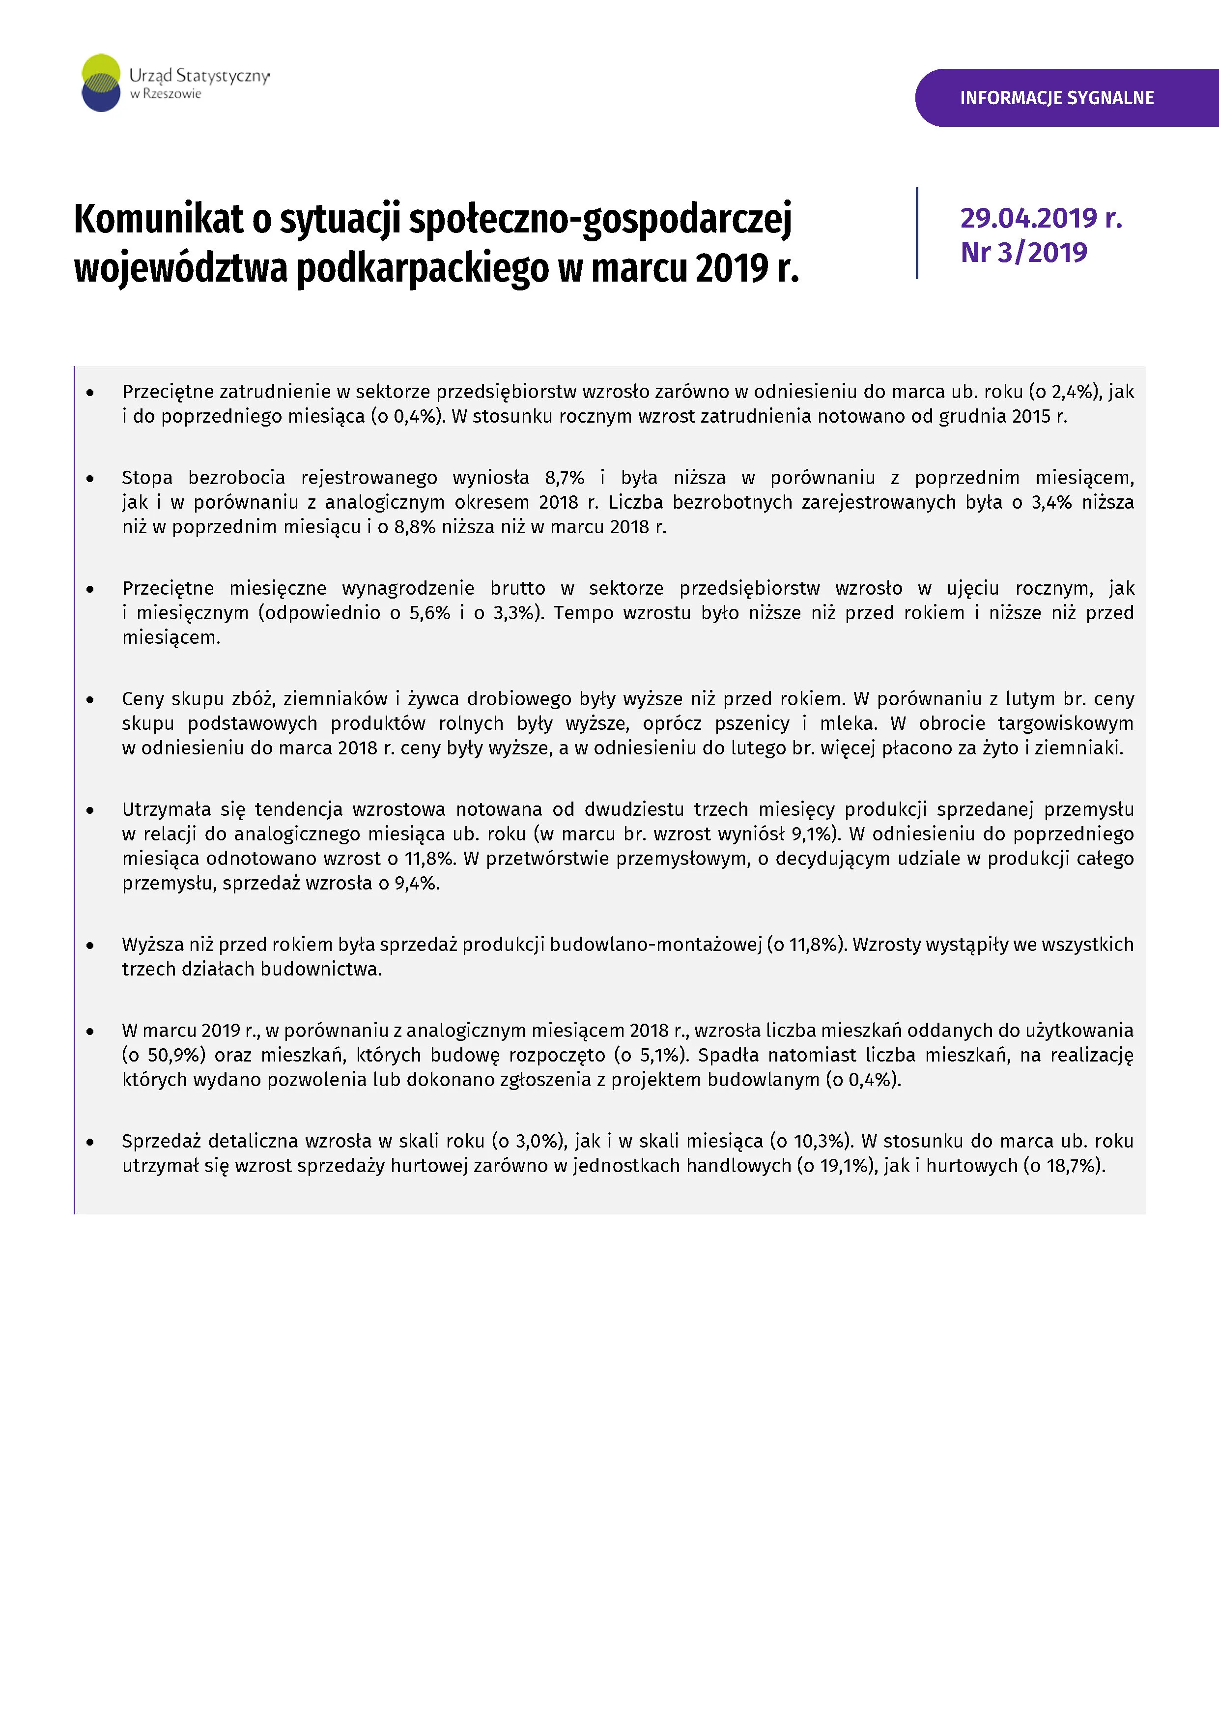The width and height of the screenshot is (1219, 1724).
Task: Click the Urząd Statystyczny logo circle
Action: pos(101,83)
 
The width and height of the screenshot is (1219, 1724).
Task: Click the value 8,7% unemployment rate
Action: pos(565,478)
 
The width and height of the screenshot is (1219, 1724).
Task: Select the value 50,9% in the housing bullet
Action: pos(175,1055)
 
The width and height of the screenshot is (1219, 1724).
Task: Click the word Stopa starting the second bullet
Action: pos(147,478)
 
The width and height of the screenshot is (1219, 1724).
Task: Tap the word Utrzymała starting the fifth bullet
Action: pos(167,809)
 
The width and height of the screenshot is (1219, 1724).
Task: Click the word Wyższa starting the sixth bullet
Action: pos(152,945)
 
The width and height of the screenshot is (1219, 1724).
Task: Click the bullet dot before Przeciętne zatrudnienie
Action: pos(90,393)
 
